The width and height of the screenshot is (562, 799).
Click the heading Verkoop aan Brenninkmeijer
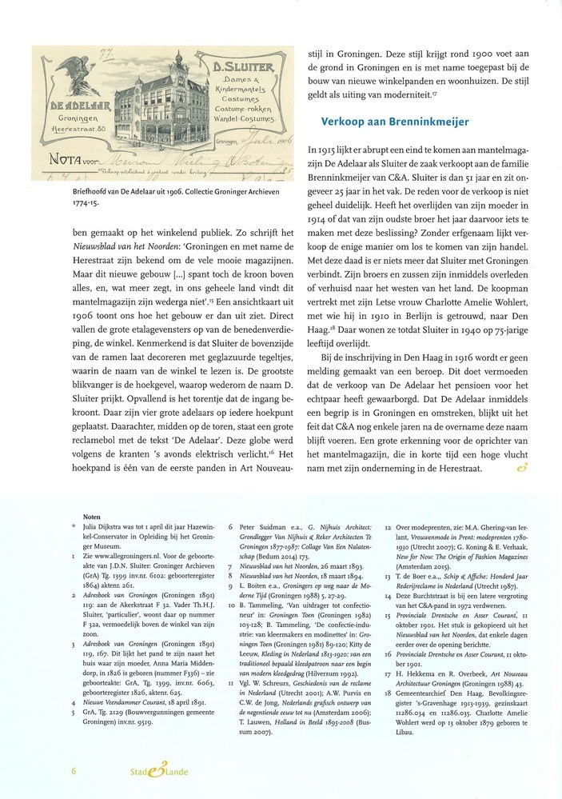[394, 122]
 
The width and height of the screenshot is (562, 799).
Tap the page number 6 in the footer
[74, 771]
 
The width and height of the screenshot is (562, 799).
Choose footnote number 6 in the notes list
[231, 528]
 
